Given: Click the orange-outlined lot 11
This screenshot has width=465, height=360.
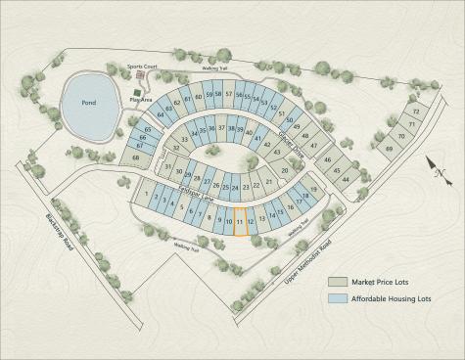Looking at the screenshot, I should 240,221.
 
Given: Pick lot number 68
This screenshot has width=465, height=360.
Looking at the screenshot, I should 136,157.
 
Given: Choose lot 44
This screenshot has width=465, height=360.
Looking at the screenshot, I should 346,179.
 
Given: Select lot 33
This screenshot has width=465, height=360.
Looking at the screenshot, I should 183,141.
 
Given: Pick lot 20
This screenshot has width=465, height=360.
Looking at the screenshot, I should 285,172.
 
